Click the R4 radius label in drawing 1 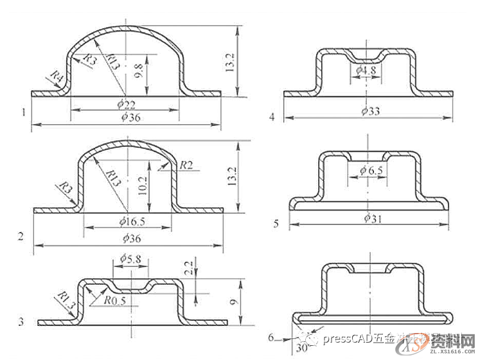(56, 78)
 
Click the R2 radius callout (186, 165)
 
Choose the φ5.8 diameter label (131, 258)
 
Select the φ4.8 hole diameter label (364, 69)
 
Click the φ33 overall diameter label (371, 111)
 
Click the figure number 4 (272, 116)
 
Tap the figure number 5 (275, 224)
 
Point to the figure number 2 (21, 236)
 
